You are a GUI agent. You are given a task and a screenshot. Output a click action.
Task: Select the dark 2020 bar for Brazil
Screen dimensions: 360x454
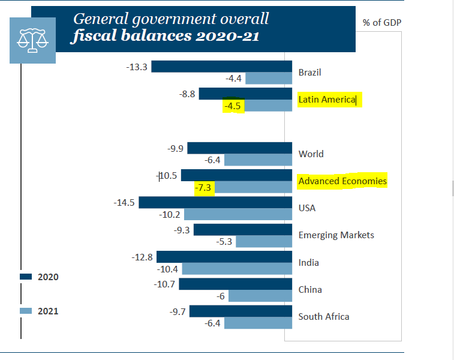tap(218, 67)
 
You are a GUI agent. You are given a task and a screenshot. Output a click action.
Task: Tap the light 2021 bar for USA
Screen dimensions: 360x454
tap(234, 214)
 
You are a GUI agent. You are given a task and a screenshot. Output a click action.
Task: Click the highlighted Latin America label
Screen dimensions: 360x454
tap(327, 100)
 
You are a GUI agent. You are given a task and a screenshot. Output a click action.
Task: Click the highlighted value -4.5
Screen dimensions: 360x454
tap(231, 106)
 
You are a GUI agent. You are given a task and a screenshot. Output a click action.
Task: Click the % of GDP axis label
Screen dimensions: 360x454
tap(382, 23)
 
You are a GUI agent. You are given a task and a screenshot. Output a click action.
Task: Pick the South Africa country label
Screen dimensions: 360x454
tap(324, 317)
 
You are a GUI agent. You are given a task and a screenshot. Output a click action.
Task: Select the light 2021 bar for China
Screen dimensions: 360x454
tap(256, 296)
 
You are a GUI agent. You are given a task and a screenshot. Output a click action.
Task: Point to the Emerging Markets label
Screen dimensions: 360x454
tap(336, 235)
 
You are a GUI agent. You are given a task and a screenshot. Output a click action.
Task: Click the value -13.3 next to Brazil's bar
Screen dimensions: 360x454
tap(137, 67)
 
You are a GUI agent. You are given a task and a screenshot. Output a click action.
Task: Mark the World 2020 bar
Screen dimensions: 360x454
tap(236, 148)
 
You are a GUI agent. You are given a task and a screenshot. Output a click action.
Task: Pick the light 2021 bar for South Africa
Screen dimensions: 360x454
tap(254, 323)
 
